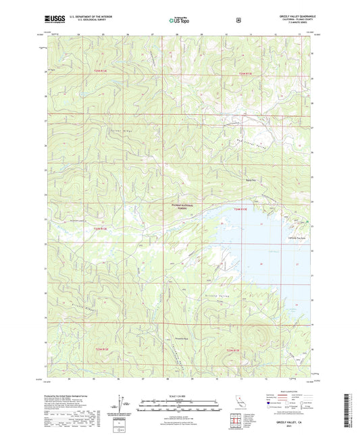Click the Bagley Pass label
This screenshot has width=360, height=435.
(x=251, y=180)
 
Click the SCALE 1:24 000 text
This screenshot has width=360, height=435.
(x=180, y=395)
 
